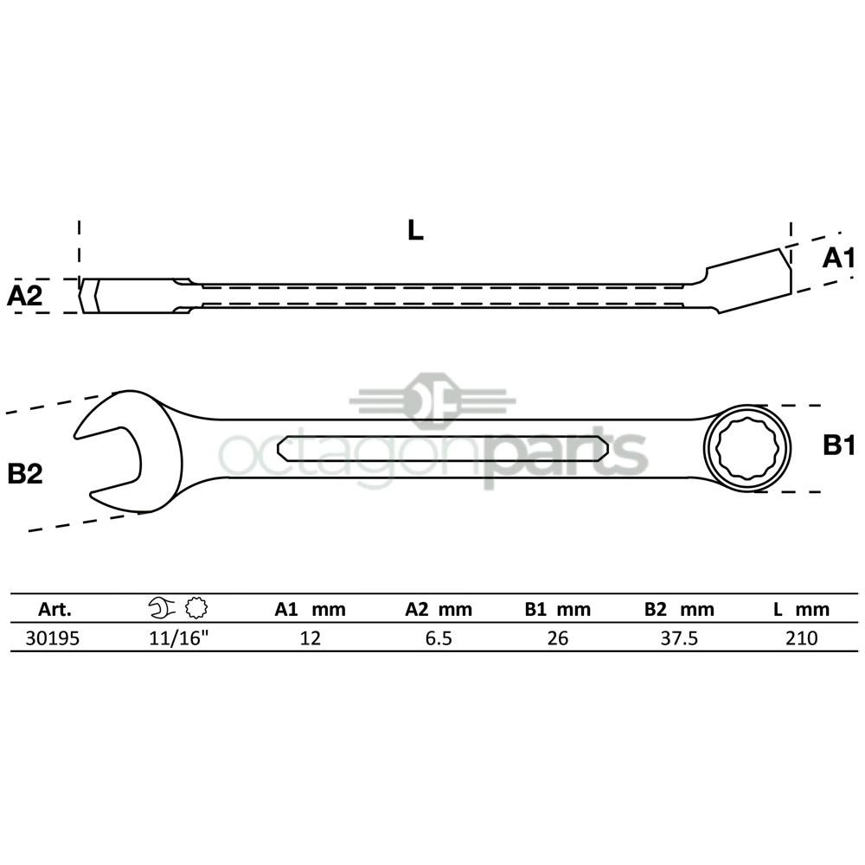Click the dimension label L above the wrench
[x=415, y=230]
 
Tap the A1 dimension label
[x=838, y=258]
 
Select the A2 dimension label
[x=25, y=296]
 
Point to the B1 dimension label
[x=839, y=445]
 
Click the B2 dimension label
[x=25, y=474]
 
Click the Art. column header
[x=54, y=609]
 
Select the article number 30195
[x=53, y=638]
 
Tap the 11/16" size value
[x=179, y=638]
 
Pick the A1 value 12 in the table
[x=310, y=638]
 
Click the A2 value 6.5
[x=439, y=638]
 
